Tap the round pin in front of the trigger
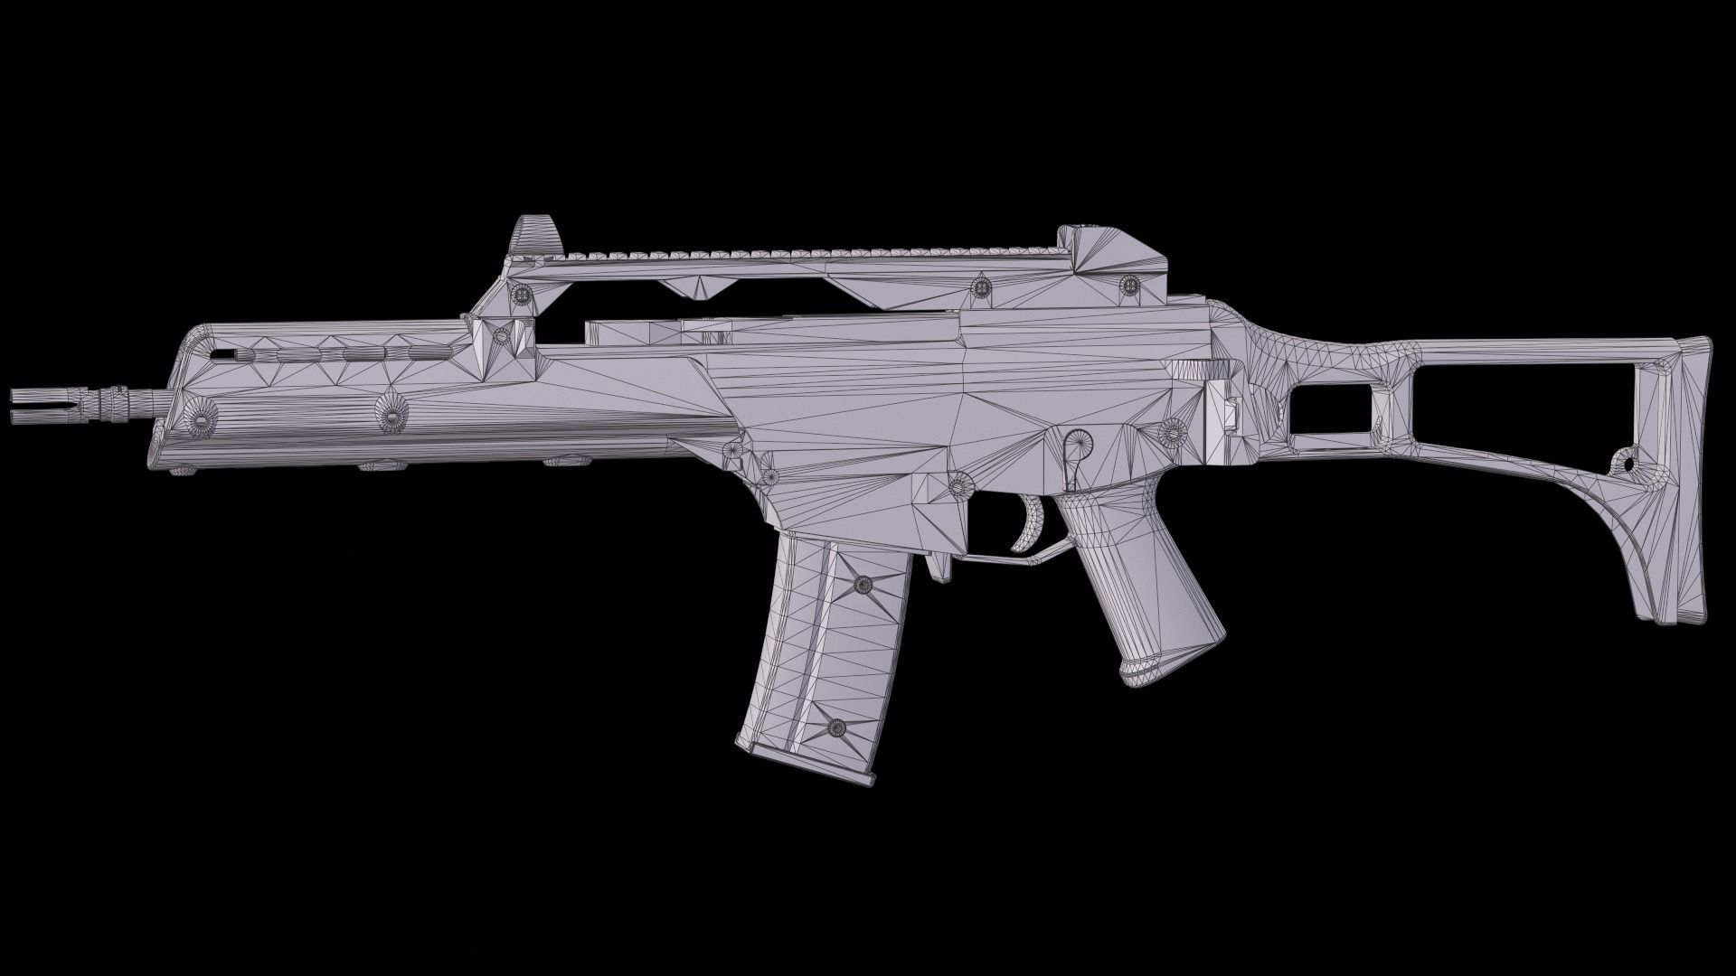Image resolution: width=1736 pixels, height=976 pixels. [958, 484]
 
